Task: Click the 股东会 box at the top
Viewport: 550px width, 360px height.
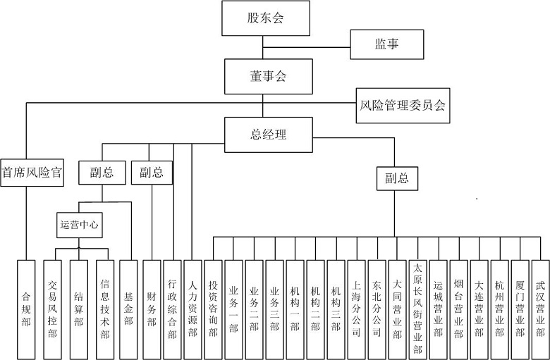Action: (x=266, y=18)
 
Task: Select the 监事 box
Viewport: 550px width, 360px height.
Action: (x=387, y=44)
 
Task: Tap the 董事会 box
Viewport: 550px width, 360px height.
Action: (x=269, y=76)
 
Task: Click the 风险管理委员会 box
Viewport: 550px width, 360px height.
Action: (x=403, y=106)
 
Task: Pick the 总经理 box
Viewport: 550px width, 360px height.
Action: (x=269, y=135)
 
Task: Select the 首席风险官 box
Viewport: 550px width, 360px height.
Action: (x=32, y=173)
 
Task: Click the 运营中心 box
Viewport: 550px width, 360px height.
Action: (x=79, y=225)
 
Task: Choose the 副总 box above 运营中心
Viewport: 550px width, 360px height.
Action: (x=102, y=173)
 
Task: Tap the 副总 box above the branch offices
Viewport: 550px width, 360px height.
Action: (x=397, y=178)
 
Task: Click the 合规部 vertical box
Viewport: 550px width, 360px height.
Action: (x=26, y=309)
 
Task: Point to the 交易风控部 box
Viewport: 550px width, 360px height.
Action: (x=52, y=309)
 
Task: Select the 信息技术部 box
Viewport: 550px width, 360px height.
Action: (x=105, y=309)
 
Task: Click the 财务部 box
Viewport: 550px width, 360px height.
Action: (x=152, y=309)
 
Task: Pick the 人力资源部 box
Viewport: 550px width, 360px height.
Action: (x=192, y=309)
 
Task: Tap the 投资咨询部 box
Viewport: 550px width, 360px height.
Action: (x=213, y=309)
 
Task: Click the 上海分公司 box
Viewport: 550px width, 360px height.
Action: (x=356, y=309)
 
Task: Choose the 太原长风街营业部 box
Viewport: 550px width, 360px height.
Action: (x=417, y=309)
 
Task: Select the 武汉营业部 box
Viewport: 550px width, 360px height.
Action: (x=540, y=309)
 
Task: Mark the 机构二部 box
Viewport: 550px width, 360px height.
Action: (x=315, y=309)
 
